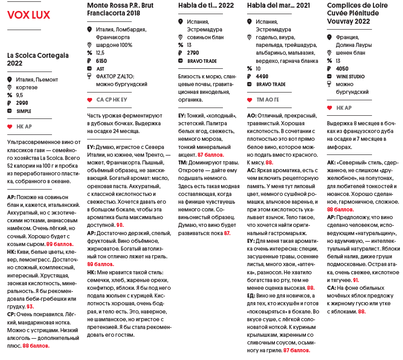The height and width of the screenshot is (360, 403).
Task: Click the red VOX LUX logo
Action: point(29,15)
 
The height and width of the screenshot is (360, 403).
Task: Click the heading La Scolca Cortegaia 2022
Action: point(38,59)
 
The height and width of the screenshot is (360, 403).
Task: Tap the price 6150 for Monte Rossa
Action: point(101,61)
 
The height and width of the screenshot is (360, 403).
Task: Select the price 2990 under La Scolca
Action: point(22,103)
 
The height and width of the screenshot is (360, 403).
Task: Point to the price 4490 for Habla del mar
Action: point(262,77)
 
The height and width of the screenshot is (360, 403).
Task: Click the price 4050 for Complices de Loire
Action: point(342,69)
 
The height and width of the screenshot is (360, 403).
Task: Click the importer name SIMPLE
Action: point(24,111)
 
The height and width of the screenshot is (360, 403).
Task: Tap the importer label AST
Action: point(100,68)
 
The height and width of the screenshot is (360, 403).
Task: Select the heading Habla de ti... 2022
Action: point(206,5)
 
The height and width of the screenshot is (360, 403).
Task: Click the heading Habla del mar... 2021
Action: point(278,5)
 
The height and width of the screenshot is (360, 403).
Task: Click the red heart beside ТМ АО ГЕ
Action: point(249,100)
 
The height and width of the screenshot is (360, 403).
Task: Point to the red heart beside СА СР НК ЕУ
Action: point(89,100)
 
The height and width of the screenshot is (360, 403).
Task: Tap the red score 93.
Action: point(30,307)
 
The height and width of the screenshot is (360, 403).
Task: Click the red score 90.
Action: point(120,225)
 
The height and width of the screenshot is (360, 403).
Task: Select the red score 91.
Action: point(356,280)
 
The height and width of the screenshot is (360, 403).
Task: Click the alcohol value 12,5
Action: point(100,53)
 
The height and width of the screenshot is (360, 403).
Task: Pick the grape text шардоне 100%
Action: point(114,45)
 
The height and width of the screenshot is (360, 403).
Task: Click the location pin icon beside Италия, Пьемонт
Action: point(10,80)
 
